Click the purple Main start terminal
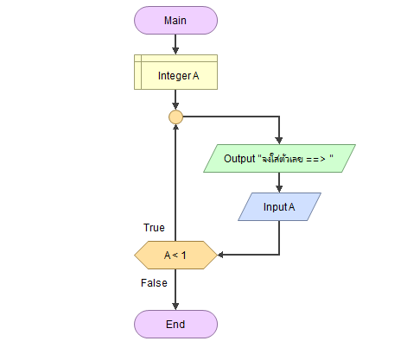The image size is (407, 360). pyautogui.click(x=175, y=21)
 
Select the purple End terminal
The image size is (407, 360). pyautogui.click(x=175, y=325)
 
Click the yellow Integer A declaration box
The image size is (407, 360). pyautogui.click(x=175, y=73)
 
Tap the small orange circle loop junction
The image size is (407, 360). pyautogui.click(x=175, y=117)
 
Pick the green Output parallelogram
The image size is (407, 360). pyautogui.click(x=279, y=159)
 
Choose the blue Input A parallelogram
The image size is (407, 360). pyautogui.click(x=279, y=207)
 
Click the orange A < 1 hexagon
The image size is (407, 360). pyautogui.click(x=175, y=256)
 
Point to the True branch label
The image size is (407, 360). pyautogui.click(x=154, y=228)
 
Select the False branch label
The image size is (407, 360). pyautogui.click(x=154, y=283)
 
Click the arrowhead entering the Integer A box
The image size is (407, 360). pyautogui.click(x=175, y=51)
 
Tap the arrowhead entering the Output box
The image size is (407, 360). pyautogui.click(x=279, y=141)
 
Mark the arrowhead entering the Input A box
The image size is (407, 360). pyautogui.click(x=279, y=189)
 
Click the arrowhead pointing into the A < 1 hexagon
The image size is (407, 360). pyautogui.click(x=221, y=255)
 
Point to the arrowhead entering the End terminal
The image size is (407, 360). pyautogui.click(x=175, y=306)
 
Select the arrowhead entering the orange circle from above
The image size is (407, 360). pyautogui.click(x=175, y=106)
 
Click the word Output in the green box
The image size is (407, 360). pyautogui.click(x=239, y=159)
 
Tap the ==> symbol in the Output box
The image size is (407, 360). pyautogui.click(x=315, y=159)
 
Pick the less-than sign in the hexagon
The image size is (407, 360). pyautogui.click(x=175, y=255)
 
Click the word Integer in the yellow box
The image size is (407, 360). pyautogui.click(x=175, y=76)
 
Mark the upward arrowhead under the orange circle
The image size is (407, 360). pyautogui.click(x=175, y=128)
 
